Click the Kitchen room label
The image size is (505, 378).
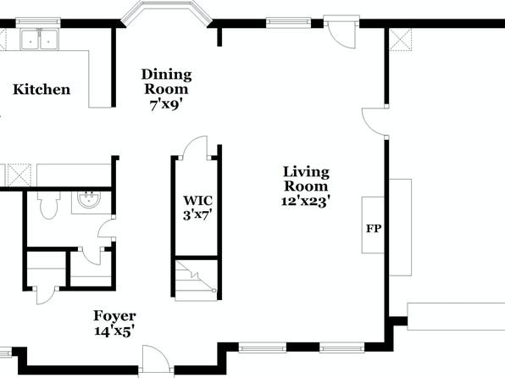tap(42, 89)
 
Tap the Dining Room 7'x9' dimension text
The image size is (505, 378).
tap(166, 105)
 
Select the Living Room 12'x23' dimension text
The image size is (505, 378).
tap(306, 202)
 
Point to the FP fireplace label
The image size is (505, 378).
tap(374, 229)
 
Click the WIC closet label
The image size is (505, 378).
tap(197, 200)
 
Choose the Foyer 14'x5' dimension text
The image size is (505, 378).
tap(114, 331)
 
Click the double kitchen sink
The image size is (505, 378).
tap(39, 40)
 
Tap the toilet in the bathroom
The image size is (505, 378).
tap(48, 205)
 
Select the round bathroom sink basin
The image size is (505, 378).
tap(89, 199)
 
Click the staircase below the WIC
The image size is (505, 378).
tap(196, 280)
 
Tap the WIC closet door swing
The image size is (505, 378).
tap(196, 147)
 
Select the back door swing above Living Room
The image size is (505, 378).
tap(341, 36)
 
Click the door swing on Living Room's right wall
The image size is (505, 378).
tap(374, 121)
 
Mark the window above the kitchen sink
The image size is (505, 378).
tap(38, 22)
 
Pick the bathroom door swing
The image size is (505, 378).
tap(106, 229)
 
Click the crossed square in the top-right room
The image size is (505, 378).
tap(400, 39)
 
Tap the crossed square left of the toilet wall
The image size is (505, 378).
tap(19, 175)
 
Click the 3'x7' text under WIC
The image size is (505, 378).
tap(197, 214)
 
